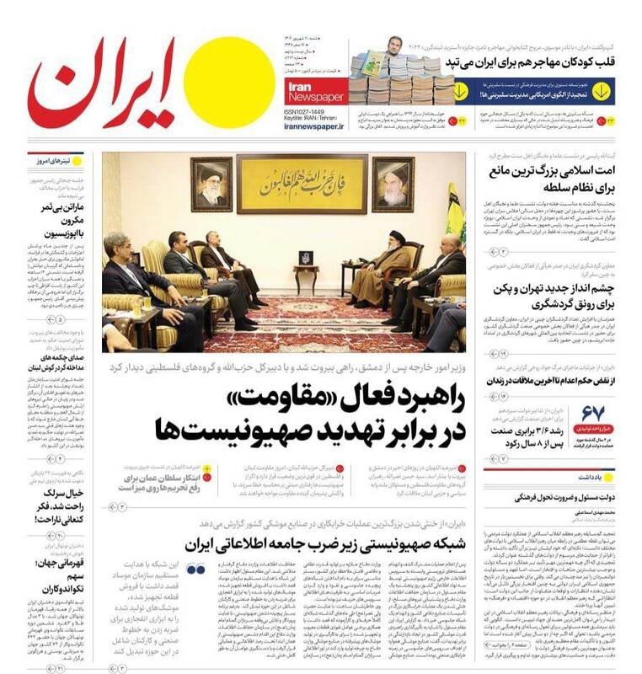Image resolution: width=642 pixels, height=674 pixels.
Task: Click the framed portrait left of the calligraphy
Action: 211,183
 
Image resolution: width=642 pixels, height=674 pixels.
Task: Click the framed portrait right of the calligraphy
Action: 393,183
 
